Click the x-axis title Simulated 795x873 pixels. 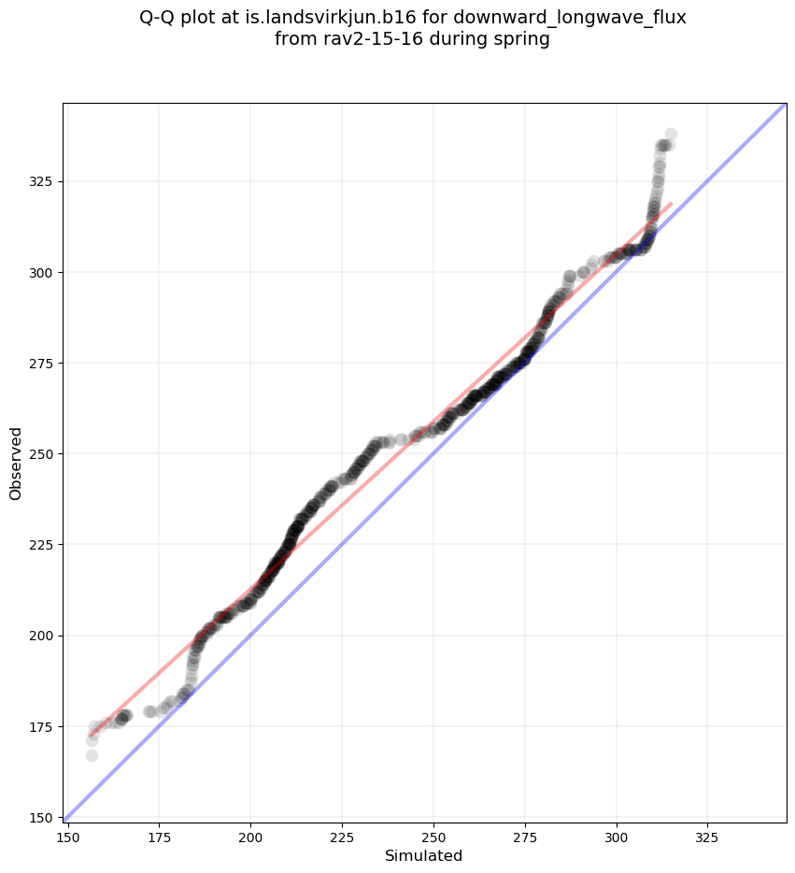(x=424, y=856)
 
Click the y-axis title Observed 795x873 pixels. (x=16, y=463)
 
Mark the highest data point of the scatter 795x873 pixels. (x=671, y=135)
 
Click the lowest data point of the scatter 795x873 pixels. (x=92, y=755)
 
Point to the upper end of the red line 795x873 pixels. (x=671, y=203)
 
